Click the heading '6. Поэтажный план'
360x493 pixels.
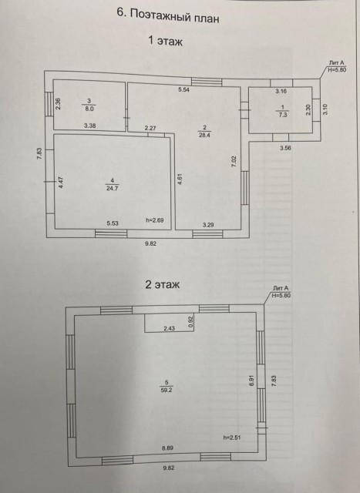167,13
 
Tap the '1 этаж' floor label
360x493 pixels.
164,42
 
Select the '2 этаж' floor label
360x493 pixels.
162,284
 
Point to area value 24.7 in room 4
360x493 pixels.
113,186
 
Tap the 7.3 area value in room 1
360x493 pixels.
282,113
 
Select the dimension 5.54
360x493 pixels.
184,90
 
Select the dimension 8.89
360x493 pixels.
167,448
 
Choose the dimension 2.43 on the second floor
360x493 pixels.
169,328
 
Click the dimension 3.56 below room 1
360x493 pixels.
286,148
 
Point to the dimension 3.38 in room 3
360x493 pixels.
89,126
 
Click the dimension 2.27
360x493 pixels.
150,128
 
